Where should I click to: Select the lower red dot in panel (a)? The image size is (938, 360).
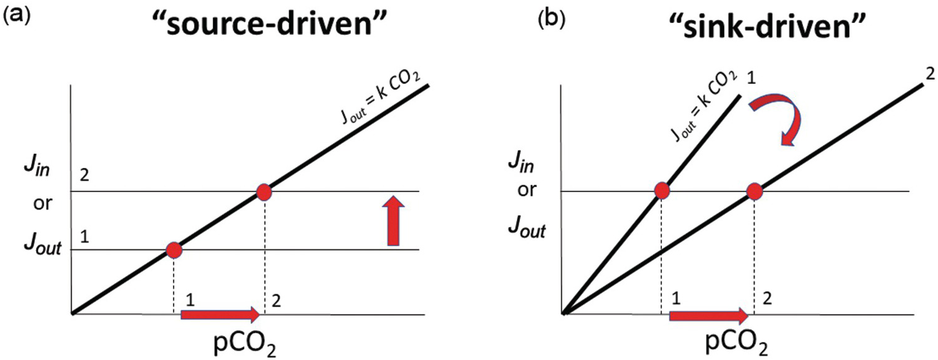(x=174, y=250)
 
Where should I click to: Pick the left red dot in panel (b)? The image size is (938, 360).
(x=661, y=191)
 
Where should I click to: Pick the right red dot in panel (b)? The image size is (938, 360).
(x=754, y=191)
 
